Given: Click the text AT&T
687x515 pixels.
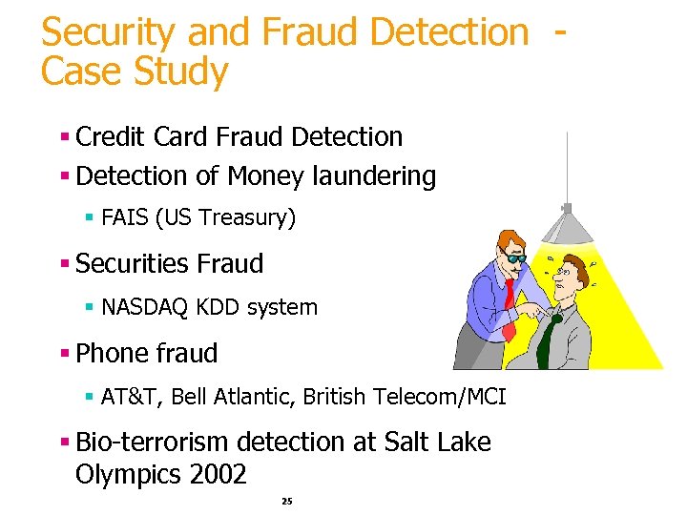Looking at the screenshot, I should (127, 397).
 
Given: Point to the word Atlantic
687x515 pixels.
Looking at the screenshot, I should (255, 397).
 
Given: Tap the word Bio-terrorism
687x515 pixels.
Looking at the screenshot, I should (152, 443).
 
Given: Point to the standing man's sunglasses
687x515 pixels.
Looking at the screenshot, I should (515, 257).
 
